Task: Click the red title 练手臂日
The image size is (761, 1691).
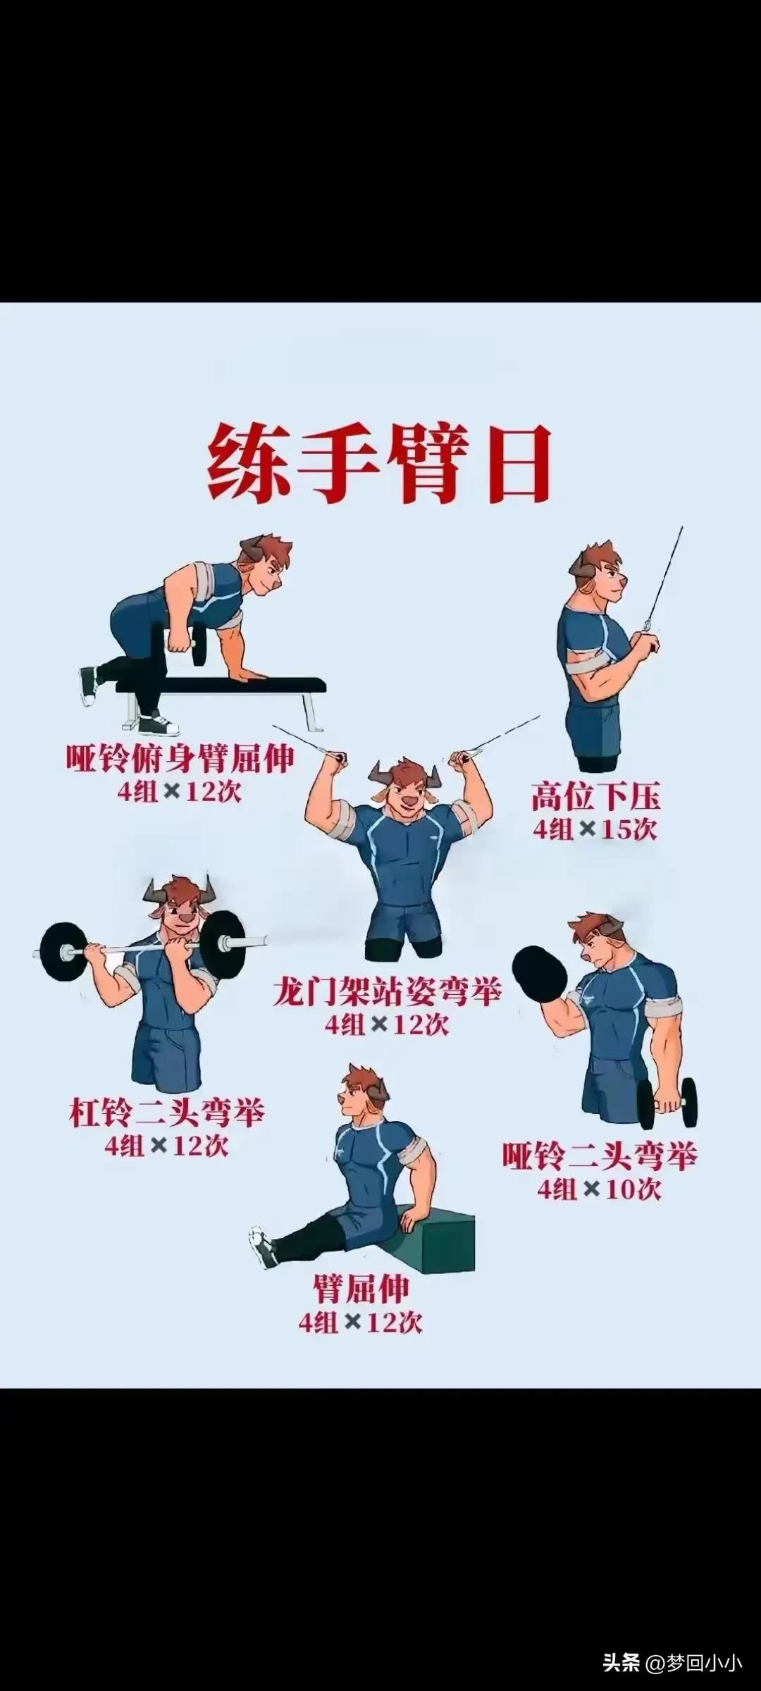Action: pyautogui.click(x=379, y=464)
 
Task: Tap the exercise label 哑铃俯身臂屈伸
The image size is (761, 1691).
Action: pyautogui.click(x=180, y=759)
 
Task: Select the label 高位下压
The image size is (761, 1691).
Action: pyautogui.click(x=595, y=797)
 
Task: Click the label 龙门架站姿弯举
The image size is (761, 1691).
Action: pyautogui.click(x=387, y=993)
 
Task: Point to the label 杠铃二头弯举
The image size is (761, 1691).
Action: pyautogui.click(x=167, y=1114)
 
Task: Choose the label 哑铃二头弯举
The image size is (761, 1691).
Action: pyautogui.click(x=600, y=1157)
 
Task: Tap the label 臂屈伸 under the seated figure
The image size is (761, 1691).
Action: pyautogui.click(x=361, y=1289)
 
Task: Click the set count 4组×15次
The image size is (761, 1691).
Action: pyautogui.click(x=595, y=829)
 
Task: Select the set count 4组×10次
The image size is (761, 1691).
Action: pyautogui.click(x=600, y=1190)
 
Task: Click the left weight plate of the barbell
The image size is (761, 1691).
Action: pyautogui.click(x=63, y=952)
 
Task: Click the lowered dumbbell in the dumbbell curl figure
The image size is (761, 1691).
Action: pyautogui.click(x=667, y=1103)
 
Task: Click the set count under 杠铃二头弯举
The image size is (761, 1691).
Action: pyautogui.click(x=167, y=1146)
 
